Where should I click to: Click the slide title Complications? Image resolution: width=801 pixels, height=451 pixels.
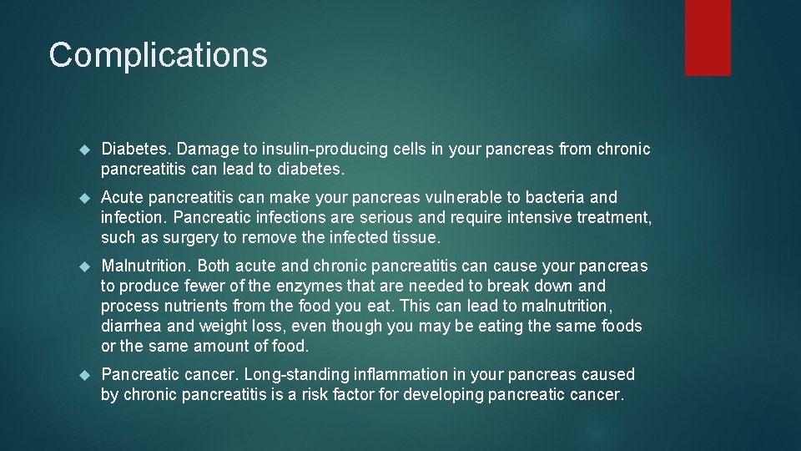[158, 55]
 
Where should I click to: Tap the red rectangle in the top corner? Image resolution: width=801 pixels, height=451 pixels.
[708, 37]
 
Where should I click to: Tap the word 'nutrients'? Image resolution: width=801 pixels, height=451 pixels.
[191, 307]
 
